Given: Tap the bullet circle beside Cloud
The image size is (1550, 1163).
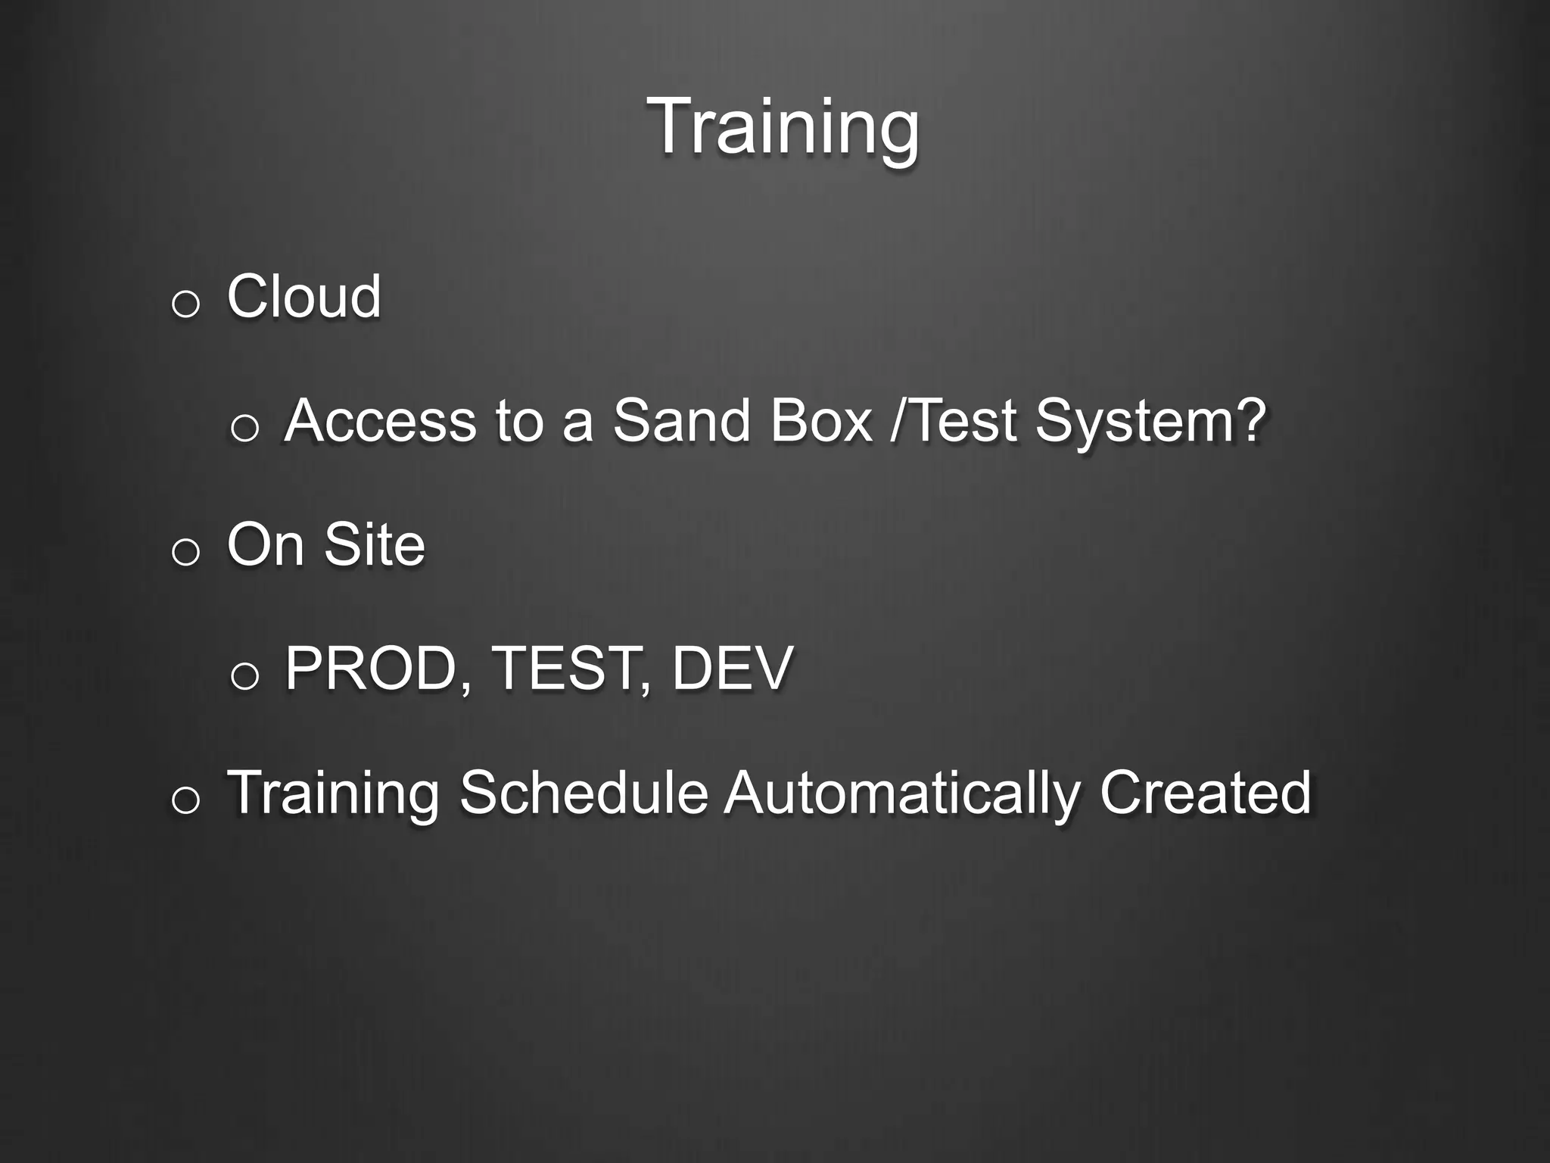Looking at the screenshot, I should click(x=185, y=304).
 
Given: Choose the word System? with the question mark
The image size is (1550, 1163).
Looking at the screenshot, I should click(x=1150, y=422).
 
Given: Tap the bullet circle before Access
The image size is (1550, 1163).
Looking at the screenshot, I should click(x=244, y=429).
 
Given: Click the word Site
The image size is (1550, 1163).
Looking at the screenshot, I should click(x=375, y=544).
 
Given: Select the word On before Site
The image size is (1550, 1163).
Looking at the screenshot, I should click(x=266, y=544).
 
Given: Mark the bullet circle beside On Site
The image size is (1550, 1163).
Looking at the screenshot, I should click(x=185, y=553).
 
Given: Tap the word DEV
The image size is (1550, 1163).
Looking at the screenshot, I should click(x=732, y=669).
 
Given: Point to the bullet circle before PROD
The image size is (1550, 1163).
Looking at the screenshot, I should click(x=244, y=676).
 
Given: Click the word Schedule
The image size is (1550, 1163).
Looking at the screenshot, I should click(x=584, y=793).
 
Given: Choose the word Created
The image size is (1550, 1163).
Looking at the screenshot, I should click(x=1205, y=793).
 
